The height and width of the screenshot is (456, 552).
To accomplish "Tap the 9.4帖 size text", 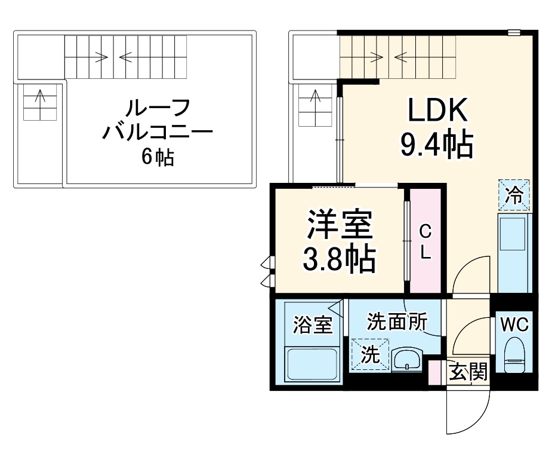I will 436,144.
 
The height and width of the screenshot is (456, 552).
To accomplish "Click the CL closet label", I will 425,242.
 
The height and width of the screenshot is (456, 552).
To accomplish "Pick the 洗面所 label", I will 396,322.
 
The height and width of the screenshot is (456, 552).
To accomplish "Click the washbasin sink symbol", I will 406,361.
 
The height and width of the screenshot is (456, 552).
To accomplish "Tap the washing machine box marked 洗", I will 370,355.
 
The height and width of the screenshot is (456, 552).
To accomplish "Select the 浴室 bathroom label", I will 312,325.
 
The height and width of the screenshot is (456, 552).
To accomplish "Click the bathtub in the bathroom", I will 312,363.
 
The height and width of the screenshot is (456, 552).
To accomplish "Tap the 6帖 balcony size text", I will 158,157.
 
